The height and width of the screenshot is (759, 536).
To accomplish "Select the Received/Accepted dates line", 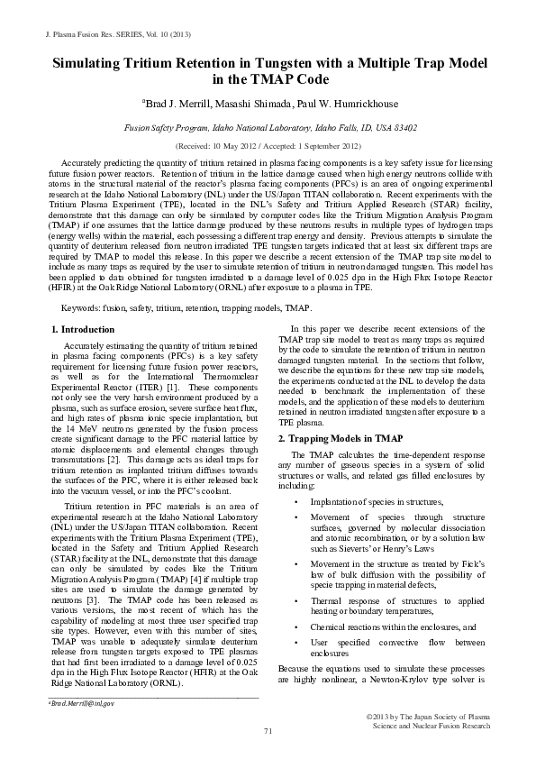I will tap(268, 145).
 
